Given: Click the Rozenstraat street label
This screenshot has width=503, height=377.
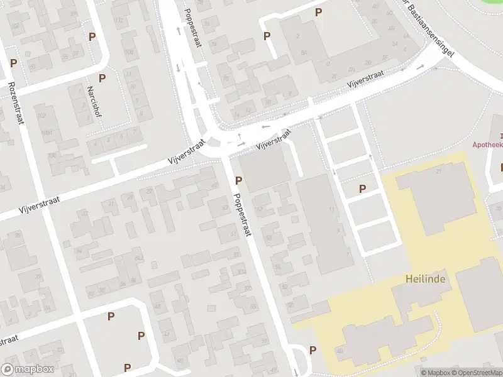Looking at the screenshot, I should point(16,102).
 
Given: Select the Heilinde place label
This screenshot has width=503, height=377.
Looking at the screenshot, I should point(425,278).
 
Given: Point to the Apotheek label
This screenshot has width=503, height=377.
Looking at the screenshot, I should point(488,144).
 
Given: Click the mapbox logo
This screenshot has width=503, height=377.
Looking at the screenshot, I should point(28,369).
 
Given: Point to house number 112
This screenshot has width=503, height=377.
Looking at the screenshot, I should point(119,20).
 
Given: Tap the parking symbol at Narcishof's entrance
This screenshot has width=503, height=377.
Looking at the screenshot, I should point(102,79).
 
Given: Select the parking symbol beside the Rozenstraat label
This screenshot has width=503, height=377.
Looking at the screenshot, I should point(13,63).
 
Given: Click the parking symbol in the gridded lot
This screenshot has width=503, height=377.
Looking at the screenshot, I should point(362,188).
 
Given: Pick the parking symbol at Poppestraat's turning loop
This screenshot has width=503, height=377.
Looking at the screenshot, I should point(312,350).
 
